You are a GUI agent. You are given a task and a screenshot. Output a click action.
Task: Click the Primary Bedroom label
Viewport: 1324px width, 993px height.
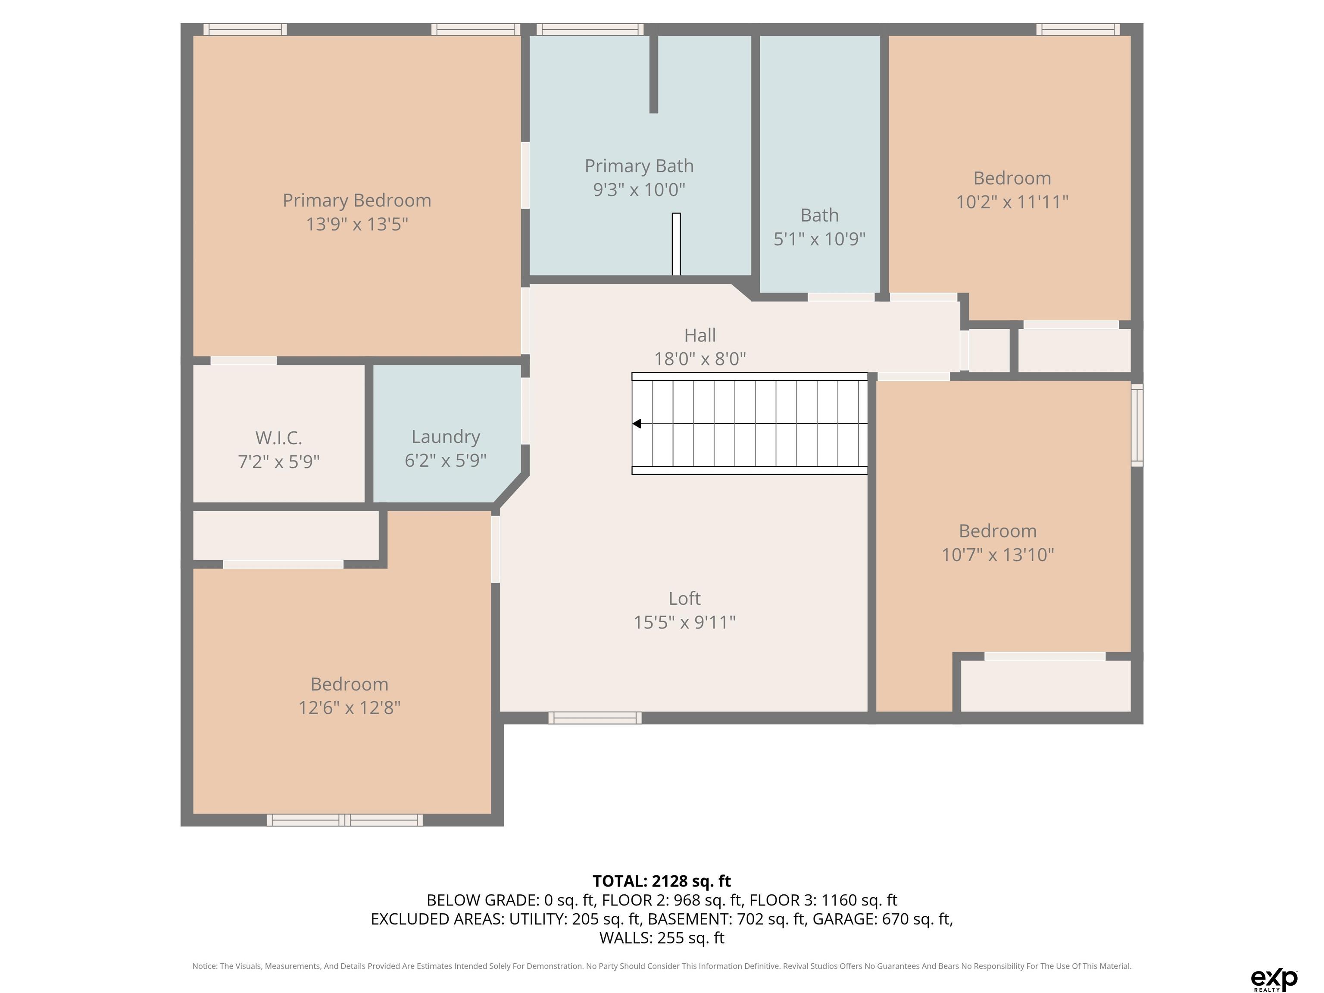click(357, 200)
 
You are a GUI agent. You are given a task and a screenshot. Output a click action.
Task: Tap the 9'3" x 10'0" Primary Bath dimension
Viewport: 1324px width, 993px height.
click(639, 190)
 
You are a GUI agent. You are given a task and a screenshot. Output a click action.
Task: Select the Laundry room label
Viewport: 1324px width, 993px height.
click(446, 437)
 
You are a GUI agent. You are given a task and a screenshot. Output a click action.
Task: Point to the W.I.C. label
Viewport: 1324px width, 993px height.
click(279, 438)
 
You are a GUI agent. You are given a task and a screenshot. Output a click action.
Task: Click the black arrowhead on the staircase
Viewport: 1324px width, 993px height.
click(637, 424)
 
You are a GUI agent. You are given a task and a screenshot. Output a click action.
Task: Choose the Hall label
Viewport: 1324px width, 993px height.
click(699, 335)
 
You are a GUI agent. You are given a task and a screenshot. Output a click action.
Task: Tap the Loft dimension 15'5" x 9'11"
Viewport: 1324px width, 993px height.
click(685, 622)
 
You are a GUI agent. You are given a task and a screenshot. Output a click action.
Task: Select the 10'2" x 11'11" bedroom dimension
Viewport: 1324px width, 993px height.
click(1012, 202)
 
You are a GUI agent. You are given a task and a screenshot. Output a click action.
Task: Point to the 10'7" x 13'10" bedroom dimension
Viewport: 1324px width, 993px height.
click(998, 555)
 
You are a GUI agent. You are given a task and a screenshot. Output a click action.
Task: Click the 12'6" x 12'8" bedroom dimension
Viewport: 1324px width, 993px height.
click(350, 708)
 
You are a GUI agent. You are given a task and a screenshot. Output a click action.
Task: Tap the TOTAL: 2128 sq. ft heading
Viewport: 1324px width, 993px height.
click(662, 881)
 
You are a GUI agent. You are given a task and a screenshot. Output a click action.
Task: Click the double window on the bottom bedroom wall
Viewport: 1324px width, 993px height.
click(345, 820)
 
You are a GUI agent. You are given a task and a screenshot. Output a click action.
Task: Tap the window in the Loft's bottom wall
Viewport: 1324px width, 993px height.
click(595, 718)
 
